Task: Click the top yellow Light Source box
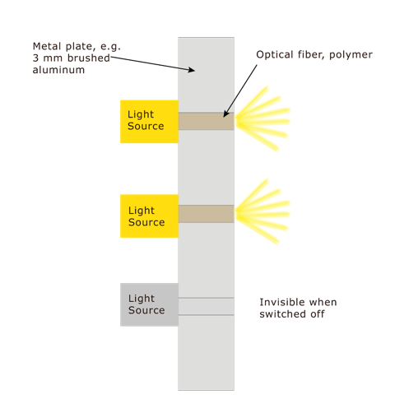click(x=149, y=122)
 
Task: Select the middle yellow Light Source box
click(x=149, y=216)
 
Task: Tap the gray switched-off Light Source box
click(x=149, y=304)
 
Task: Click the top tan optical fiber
click(x=206, y=121)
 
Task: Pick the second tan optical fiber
click(x=206, y=214)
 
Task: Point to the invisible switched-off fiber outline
click(x=206, y=306)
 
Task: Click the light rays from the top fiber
click(x=263, y=119)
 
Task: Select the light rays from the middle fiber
click(x=263, y=211)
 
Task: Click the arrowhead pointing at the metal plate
click(x=192, y=70)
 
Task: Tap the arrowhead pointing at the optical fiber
click(x=225, y=114)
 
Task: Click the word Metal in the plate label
click(x=47, y=46)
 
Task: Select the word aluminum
click(x=58, y=70)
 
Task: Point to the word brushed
click(x=89, y=58)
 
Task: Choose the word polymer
click(x=351, y=55)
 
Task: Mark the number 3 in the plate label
click(x=35, y=58)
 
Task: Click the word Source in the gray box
click(x=146, y=310)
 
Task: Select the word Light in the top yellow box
click(x=141, y=114)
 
